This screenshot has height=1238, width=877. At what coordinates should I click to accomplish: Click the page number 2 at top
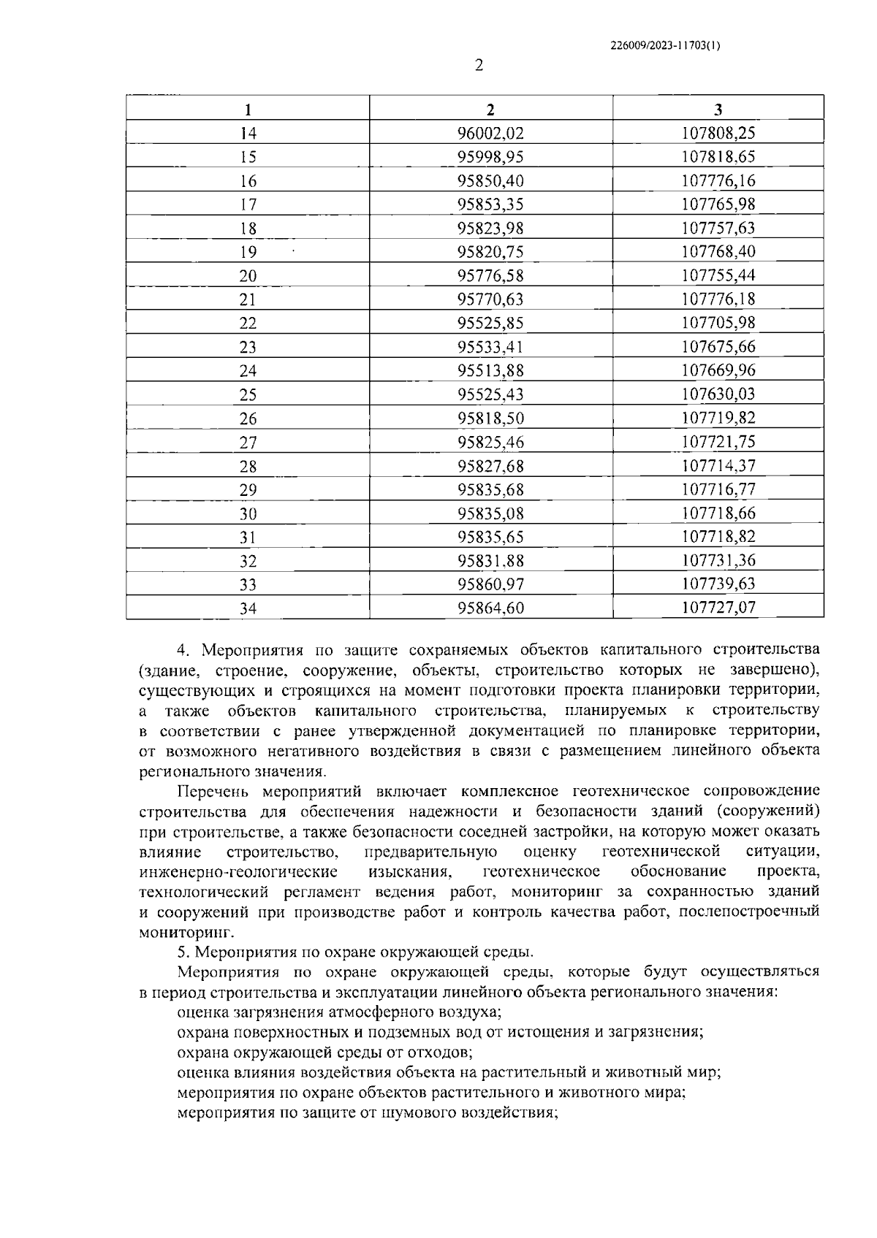click(479, 66)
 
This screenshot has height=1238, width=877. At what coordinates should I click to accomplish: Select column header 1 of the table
click(248, 110)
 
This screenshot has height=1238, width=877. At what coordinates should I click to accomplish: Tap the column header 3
click(718, 110)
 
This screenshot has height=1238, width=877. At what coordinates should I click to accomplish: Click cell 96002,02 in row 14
click(490, 134)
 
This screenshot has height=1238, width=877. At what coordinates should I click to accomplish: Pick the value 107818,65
click(718, 157)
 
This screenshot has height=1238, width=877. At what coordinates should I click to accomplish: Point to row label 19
click(248, 253)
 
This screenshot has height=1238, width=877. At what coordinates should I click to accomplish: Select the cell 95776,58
click(490, 276)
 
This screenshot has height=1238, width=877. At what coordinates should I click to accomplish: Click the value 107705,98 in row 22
click(718, 323)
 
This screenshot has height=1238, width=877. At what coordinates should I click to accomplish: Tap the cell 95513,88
click(490, 371)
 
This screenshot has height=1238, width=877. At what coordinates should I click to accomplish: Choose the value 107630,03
click(718, 394)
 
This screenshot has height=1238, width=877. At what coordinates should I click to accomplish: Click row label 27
click(248, 443)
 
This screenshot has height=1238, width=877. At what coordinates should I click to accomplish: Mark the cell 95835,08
click(490, 513)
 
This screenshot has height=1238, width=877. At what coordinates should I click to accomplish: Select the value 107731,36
click(718, 561)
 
